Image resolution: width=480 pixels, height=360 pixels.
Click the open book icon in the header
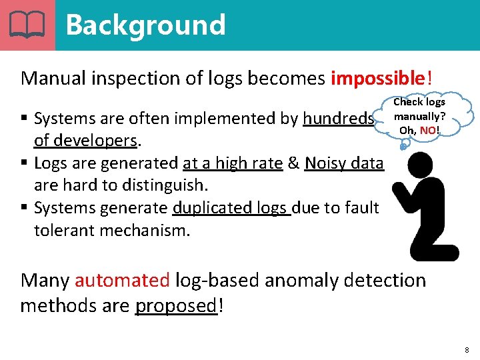(x=27, y=25)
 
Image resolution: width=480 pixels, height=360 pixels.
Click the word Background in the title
(x=145, y=25)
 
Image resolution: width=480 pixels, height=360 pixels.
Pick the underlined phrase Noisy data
(x=344, y=163)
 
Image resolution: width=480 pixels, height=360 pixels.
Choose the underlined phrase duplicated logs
(x=231, y=208)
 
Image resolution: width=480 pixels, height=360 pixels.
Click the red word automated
(x=122, y=280)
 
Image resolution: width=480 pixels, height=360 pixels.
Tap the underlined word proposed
(x=176, y=306)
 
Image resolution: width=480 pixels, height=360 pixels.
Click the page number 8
(x=467, y=349)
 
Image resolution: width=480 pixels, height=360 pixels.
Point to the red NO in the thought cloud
(x=428, y=129)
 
